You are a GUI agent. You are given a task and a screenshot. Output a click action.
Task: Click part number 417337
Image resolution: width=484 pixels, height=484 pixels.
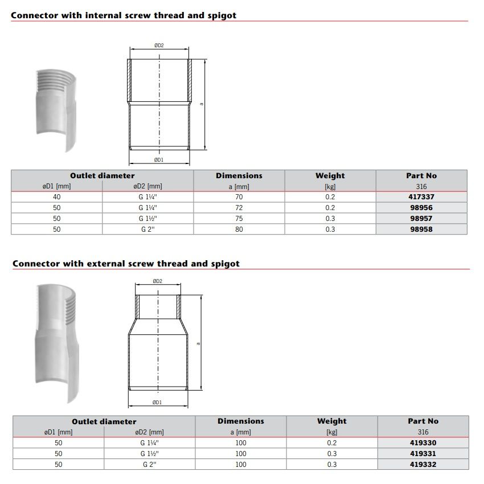[421, 197]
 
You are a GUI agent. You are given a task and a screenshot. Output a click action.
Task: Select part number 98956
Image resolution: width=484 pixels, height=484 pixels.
[421, 208]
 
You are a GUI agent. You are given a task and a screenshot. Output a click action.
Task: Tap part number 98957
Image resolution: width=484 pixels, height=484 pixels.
[421, 219]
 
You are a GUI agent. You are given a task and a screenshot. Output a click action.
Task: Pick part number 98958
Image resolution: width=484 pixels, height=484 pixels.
[421, 229]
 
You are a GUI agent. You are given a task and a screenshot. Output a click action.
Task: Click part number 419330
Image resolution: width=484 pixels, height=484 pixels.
[423, 442]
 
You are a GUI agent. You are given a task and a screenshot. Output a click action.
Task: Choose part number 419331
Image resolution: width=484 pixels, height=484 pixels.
[423, 453]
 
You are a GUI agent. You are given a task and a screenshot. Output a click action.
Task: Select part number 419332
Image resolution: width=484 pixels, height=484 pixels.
[423, 464]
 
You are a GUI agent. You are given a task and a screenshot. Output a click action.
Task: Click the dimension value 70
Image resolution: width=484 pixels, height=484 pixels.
[239, 197]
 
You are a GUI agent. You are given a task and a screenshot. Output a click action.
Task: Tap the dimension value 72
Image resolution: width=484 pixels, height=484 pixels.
[239, 208]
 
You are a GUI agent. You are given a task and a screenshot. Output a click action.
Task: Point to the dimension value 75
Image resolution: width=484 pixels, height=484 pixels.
[239, 219]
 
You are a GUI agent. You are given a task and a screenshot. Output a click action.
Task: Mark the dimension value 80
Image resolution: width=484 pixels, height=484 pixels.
[239, 229]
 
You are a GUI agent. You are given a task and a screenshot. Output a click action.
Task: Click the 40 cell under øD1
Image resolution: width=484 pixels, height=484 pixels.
[56, 197]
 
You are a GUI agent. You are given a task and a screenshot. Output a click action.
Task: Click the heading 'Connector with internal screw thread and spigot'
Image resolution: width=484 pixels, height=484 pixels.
[124, 15]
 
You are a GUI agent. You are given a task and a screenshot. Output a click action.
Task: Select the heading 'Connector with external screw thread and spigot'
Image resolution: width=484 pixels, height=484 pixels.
[126, 264]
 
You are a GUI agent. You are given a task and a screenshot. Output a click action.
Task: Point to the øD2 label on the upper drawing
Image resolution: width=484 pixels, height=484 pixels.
[159, 46]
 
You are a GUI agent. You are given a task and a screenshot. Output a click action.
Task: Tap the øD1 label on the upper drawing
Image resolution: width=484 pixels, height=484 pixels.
[159, 160]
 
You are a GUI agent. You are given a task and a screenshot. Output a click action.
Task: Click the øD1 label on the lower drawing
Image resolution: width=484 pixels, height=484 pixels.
[158, 403]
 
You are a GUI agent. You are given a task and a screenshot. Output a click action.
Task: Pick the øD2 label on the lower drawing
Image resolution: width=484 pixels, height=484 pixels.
[158, 281]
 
